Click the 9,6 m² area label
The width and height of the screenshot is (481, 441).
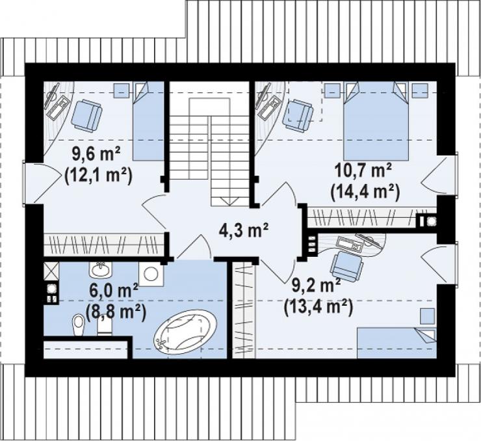pos(96,154)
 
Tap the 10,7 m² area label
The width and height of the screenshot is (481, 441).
pos(363,170)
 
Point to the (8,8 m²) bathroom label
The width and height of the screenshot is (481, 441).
pos(116,312)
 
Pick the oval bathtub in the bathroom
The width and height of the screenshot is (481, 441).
pos(185,332)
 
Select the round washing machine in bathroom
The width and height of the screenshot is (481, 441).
pos(151,274)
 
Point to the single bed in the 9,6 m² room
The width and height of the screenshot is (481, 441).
pos(148,121)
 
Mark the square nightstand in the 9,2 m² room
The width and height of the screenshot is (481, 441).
pos(427,316)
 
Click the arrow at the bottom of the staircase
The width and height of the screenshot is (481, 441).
pos(229,201)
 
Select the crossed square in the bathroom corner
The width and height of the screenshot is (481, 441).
pos(51,271)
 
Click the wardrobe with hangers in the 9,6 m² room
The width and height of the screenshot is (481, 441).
pos(104,245)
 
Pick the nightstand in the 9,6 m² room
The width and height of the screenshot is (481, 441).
pos(122,90)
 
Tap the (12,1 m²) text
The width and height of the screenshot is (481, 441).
pos(98,176)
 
